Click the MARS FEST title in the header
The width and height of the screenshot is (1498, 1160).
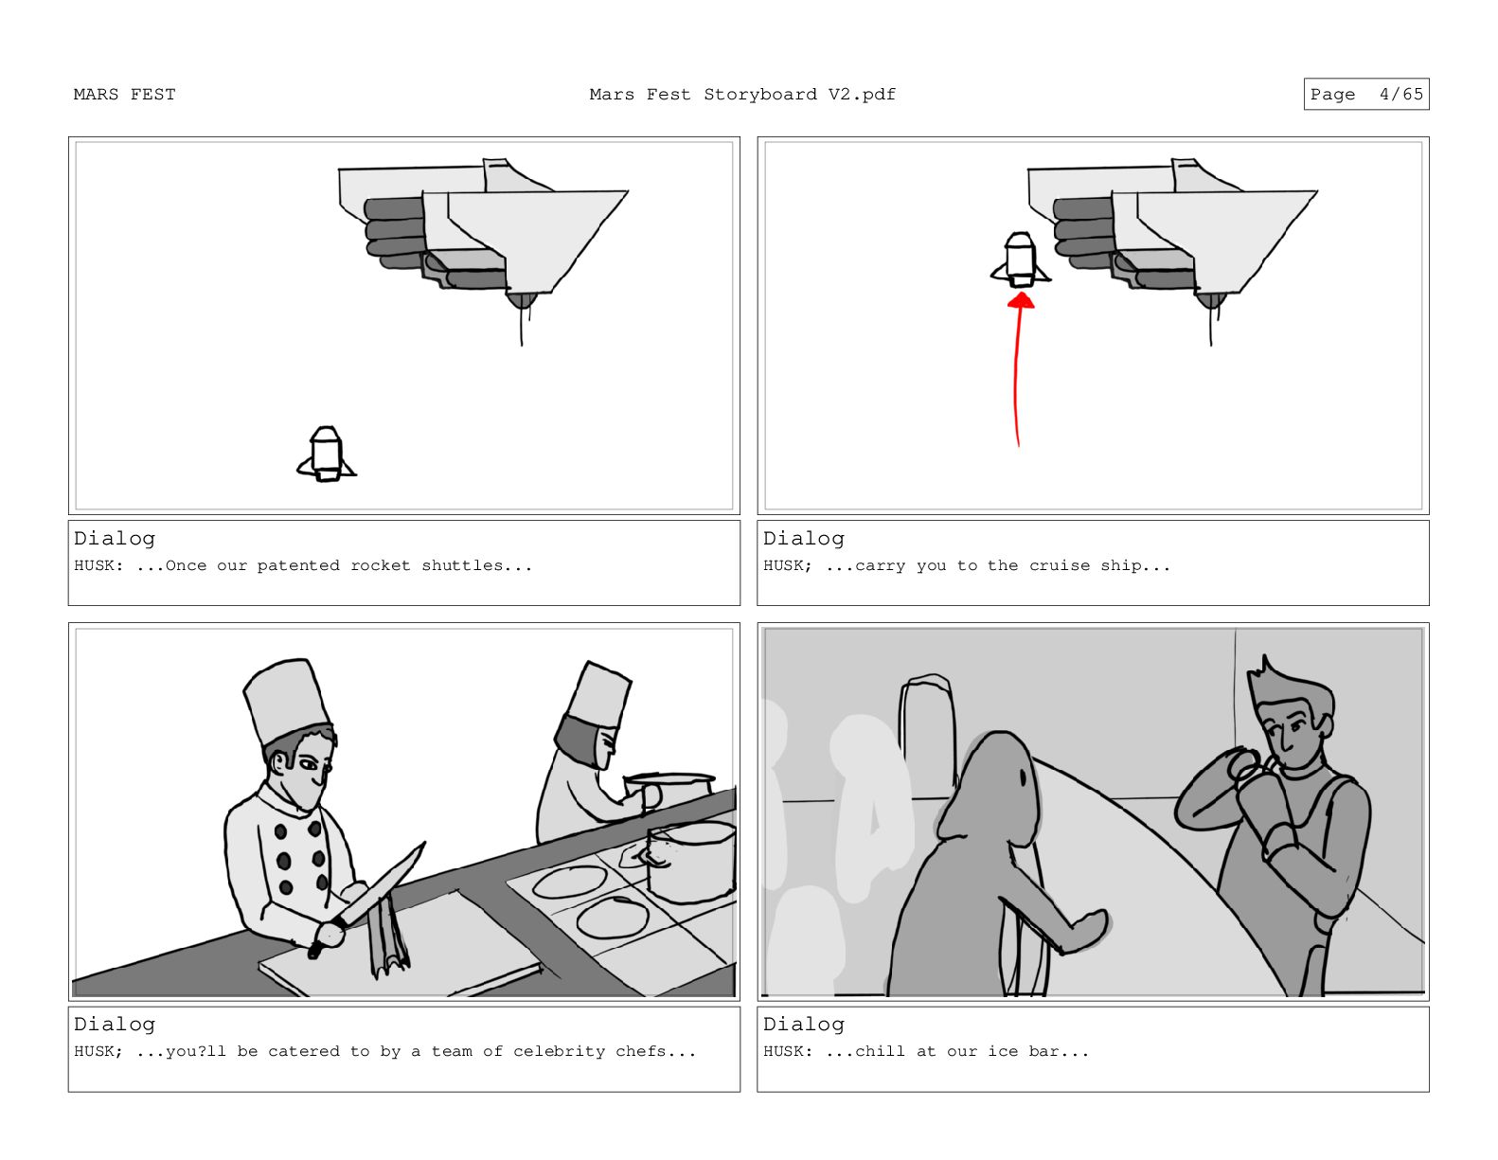point(125,95)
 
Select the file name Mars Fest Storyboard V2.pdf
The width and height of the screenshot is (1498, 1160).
point(742,95)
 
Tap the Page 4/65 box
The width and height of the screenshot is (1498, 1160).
point(1366,95)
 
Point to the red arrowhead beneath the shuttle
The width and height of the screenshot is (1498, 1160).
point(1021,301)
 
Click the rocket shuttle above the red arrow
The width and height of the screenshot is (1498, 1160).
point(1021,259)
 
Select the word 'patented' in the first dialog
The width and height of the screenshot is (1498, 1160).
point(298,566)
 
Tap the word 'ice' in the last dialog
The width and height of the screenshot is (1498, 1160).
point(1003,1051)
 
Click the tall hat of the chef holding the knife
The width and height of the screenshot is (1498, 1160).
point(286,701)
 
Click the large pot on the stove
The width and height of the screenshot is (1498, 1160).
point(692,862)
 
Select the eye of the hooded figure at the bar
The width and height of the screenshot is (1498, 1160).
point(1024,777)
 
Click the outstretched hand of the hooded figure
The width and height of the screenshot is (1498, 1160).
point(1086,932)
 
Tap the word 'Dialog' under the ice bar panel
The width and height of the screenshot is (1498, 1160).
point(804,1025)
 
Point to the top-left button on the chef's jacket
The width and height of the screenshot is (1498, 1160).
point(280,832)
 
